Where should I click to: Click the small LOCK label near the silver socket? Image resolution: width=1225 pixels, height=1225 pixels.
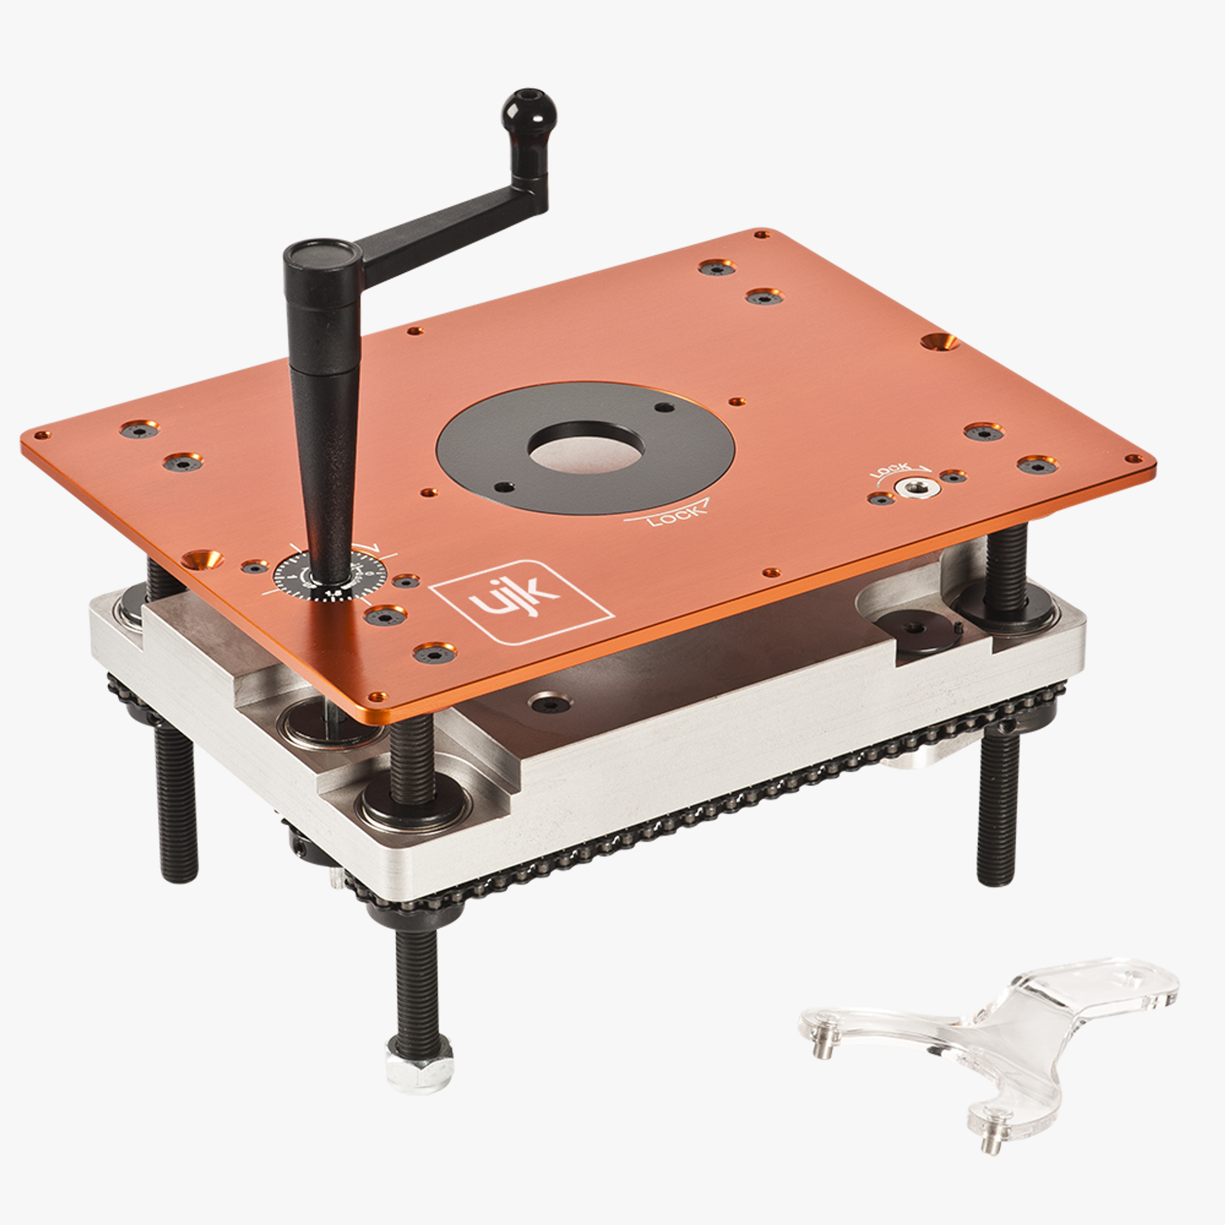891,470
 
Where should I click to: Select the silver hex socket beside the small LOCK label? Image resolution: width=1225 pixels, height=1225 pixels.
913,487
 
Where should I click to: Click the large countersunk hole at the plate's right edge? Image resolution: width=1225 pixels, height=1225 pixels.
940,342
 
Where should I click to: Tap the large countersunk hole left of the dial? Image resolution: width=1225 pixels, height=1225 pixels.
201,559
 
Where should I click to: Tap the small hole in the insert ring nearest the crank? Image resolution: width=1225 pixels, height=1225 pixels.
504,487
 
